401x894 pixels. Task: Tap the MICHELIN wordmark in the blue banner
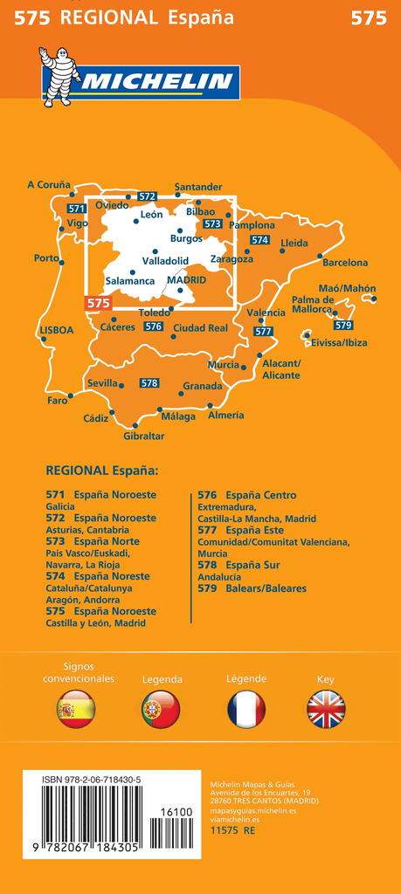(156, 84)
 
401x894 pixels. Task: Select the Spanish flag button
(75, 709)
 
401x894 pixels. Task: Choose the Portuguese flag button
(161, 709)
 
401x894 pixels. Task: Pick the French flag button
(245, 709)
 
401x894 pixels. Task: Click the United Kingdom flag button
(326, 709)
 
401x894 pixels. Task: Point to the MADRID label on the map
(186, 280)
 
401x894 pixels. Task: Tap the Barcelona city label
(345, 262)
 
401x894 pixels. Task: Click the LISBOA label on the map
(57, 331)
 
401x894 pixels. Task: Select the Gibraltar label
(144, 436)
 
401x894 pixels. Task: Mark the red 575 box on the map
(99, 303)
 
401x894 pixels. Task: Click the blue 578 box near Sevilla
(149, 383)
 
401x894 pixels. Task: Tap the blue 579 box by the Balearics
(343, 325)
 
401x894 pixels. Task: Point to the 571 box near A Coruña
(77, 209)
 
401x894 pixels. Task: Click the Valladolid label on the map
(165, 260)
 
